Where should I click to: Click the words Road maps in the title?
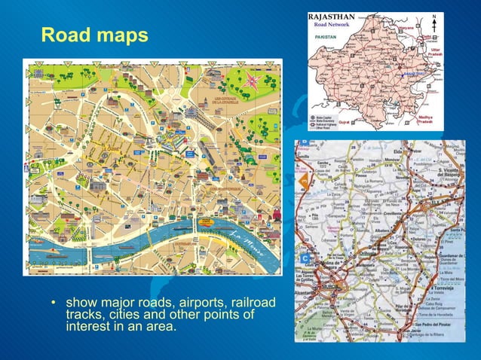tap(93, 35)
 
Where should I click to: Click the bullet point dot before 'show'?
tap(54, 304)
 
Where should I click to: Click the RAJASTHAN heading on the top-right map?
tap(332, 17)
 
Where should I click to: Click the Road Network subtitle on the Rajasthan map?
tap(332, 25)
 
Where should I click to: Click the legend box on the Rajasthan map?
tap(324, 123)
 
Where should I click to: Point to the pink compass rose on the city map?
tap(253, 81)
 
